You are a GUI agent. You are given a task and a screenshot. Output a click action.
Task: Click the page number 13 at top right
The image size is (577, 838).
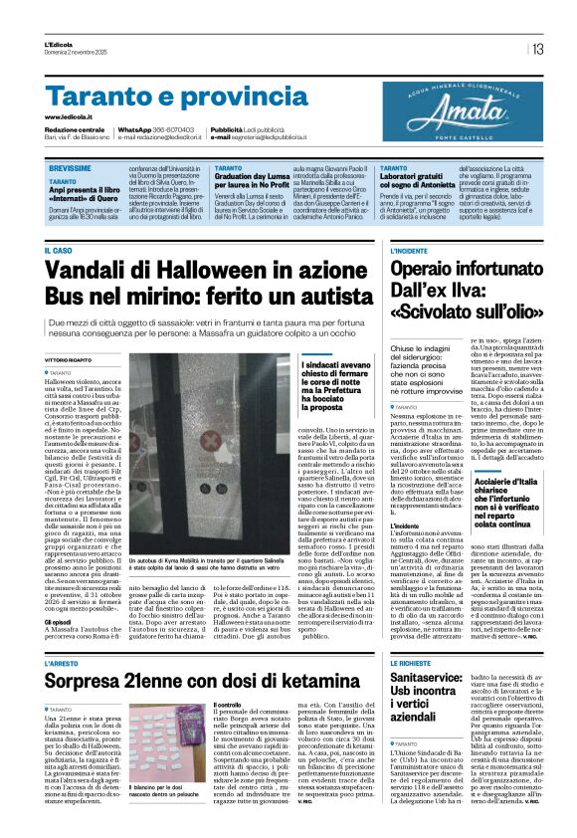[x=536, y=48]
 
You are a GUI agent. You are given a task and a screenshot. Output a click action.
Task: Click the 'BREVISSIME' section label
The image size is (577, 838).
[x=74, y=171]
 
